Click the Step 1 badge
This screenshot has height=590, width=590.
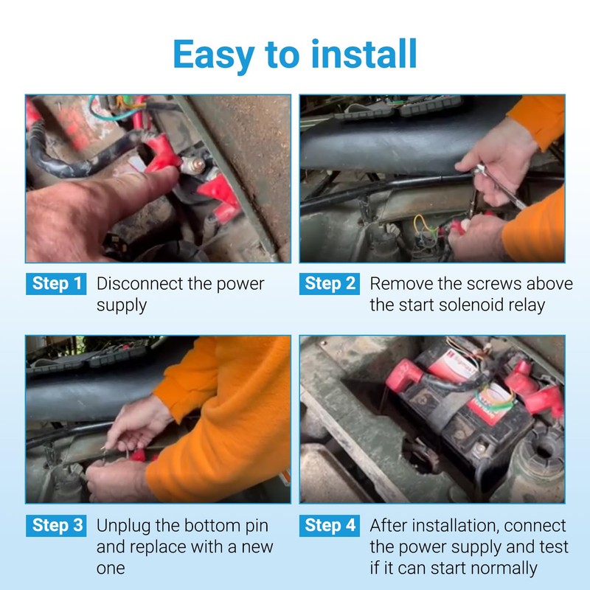[58, 283]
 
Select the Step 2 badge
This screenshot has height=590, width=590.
[330, 283]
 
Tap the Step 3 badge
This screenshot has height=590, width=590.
[58, 525]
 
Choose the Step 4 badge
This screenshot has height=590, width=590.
[330, 525]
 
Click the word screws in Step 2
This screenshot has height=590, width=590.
[488, 283]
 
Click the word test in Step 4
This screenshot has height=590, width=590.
[554, 546]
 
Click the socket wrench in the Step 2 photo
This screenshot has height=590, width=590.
[502, 184]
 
